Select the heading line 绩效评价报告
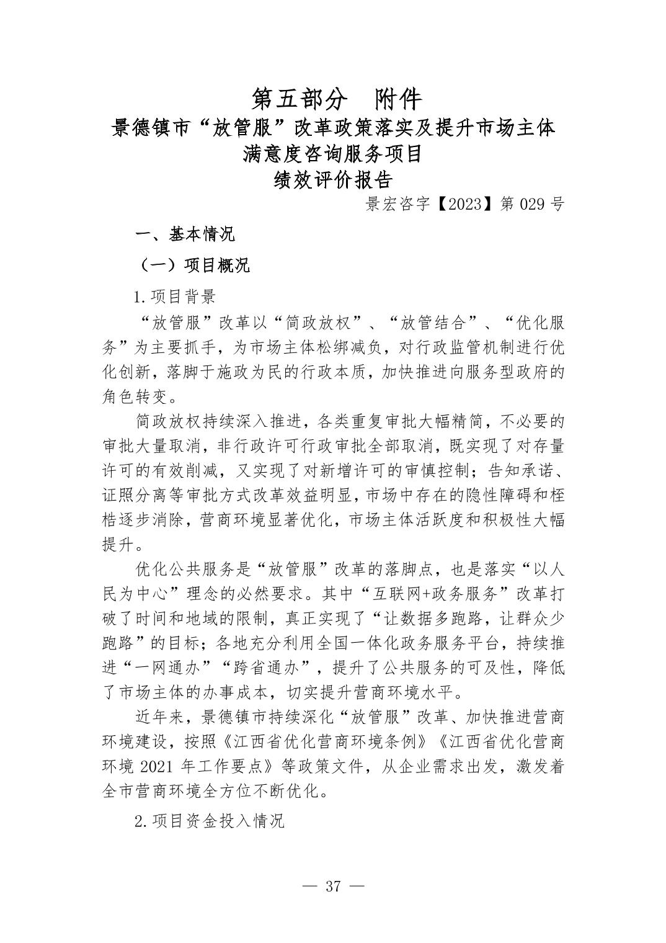(334, 180)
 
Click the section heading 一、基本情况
(185, 235)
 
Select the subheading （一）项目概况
(193, 266)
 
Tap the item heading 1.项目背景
(175, 297)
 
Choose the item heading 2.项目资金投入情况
(210, 821)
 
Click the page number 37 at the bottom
(333, 885)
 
